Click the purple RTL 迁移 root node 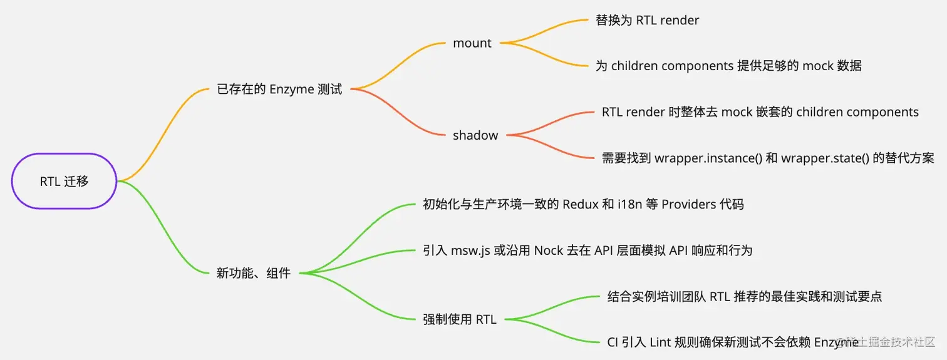pos(65,182)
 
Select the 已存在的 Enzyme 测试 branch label pos(279,89)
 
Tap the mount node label pos(472,43)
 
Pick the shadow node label pos(475,135)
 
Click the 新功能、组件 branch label pos(253,273)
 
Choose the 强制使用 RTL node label pos(460,319)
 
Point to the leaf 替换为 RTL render pos(647,20)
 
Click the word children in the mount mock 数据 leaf pos(637,66)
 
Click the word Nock pos(549,250)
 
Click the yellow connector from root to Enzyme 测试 pos(164,135)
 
